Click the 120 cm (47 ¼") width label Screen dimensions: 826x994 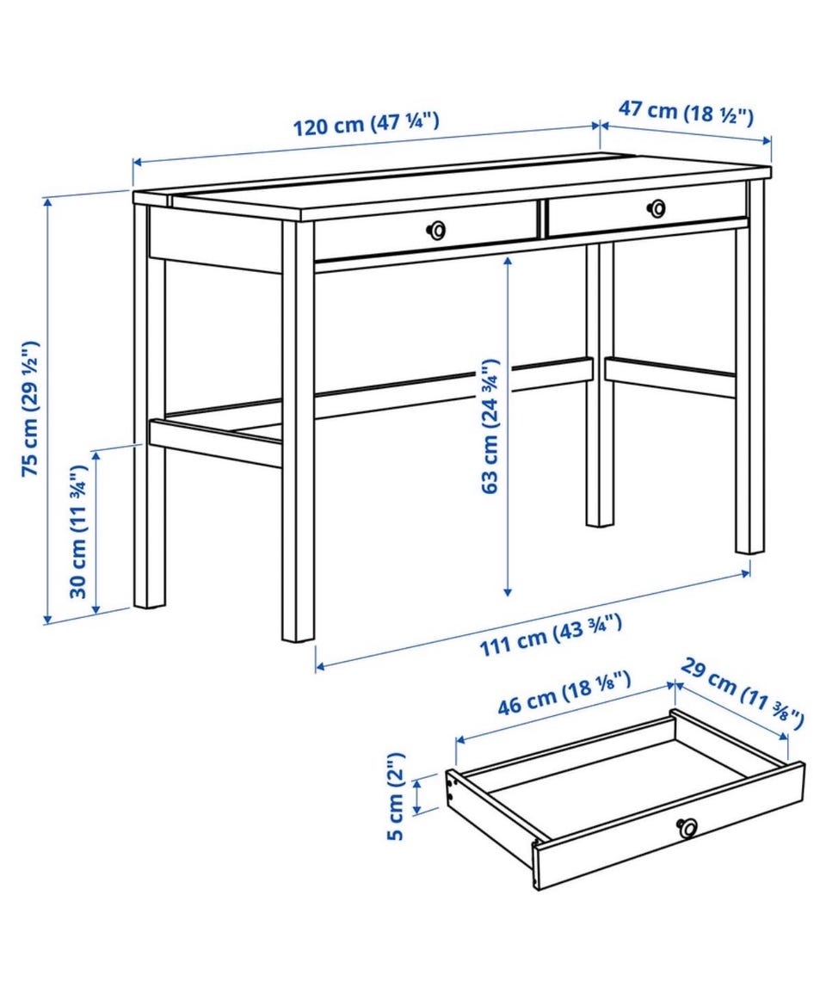[366, 124]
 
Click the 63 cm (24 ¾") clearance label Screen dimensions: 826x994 [490, 426]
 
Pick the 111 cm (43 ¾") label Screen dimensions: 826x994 [550, 635]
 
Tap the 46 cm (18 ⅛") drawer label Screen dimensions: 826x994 [564, 694]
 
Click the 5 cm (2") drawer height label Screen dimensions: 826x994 [395, 796]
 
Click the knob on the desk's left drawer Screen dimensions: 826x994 [435, 230]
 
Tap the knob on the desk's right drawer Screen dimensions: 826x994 [656, 207]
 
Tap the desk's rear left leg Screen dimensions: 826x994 [150, 405]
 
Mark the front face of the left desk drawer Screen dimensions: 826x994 [426, 232]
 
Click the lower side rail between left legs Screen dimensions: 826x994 [215, 441]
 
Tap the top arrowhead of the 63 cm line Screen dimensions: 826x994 [507, 260]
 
